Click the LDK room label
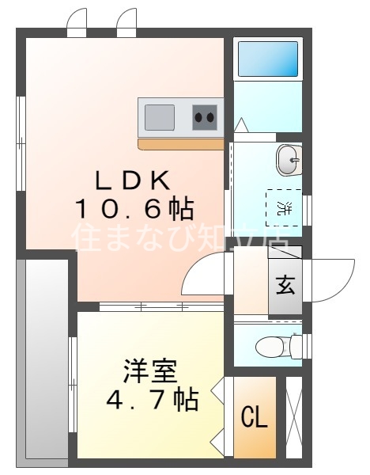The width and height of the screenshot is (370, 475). click(133, 180)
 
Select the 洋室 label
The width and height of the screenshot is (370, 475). click(150, 370)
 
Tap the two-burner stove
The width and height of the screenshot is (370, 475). click(205, 118)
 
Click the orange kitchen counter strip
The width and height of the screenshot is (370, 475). click(181, 144)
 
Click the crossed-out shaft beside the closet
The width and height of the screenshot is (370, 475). click(293, 418)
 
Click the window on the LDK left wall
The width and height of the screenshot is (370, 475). click(21, 142)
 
